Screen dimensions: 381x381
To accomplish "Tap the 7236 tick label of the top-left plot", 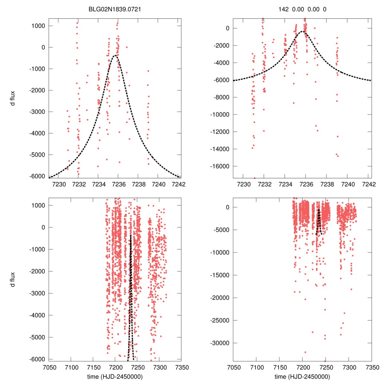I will [118, 183].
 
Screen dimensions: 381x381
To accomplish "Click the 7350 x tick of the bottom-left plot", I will [181, 366].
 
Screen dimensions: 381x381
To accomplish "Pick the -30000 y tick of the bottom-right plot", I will [221, 343].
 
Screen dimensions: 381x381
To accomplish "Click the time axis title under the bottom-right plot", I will [302, 376].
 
